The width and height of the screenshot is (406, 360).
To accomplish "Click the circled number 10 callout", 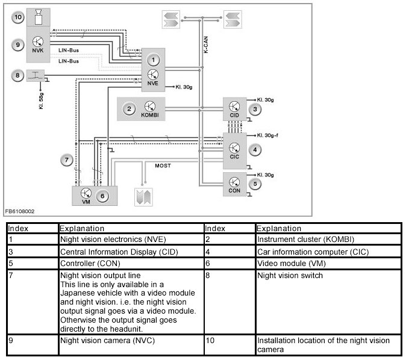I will pos(18,17).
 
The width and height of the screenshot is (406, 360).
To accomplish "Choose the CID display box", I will pos(234,110).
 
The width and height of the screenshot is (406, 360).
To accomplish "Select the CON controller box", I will pos(234,183).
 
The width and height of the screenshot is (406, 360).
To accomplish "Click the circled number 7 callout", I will pos(68,160).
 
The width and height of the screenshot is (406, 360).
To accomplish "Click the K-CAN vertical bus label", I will pos(205,45).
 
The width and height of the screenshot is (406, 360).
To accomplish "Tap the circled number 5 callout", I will pos(255,183).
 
